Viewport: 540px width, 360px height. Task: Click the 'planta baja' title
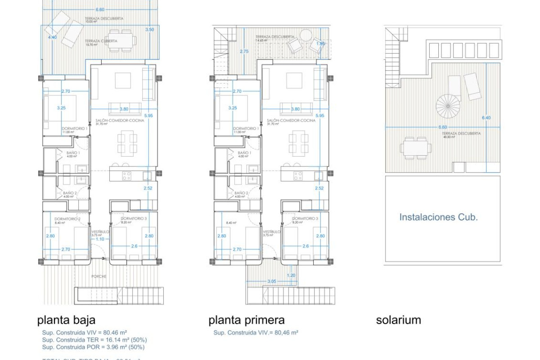click(66, 320)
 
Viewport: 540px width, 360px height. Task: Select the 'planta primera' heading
click(246, 320)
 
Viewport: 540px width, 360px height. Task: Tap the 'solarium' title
click(398, 320)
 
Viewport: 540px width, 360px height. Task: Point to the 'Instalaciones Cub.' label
click(438, 217)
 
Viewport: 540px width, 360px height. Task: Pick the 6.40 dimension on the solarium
click(486, 118)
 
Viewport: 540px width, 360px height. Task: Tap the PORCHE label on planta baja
click(99, 276)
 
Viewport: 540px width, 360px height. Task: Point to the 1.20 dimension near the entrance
click(291, 275)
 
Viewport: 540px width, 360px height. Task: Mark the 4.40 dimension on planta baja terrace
click(52, 38)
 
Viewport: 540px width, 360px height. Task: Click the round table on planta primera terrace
click(306, 35)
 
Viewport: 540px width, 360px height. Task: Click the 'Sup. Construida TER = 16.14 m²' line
click(94, 340)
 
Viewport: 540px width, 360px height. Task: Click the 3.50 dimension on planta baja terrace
click(149, 29)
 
